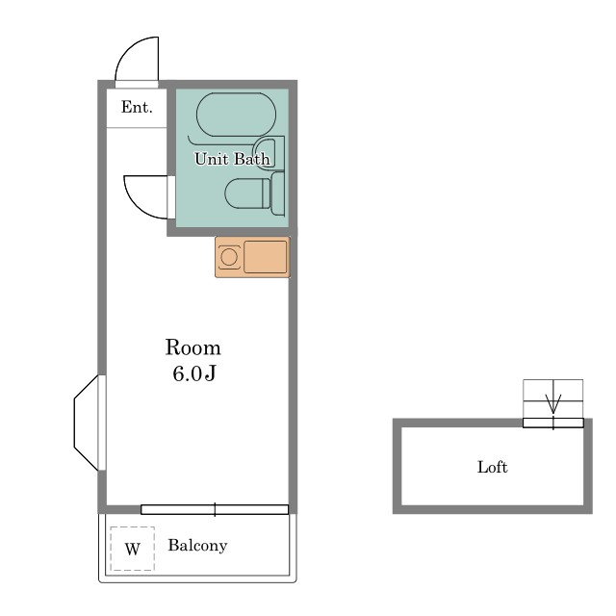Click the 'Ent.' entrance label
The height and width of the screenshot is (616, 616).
(137, 107)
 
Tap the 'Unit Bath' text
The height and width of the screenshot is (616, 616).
(233, 159)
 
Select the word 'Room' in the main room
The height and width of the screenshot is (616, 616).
(192, 347)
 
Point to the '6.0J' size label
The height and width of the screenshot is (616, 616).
(194, 373)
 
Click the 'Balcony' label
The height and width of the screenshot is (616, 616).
(197, 546)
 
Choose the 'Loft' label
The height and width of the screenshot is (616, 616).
(492, 467)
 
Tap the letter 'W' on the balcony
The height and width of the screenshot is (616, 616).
(133, 549)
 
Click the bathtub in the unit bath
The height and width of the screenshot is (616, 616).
(236, 115)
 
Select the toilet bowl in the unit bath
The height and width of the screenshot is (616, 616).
(247, 193)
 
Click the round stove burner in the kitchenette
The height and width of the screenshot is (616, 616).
(229, 257)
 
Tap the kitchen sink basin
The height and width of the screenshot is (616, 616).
(266, 257)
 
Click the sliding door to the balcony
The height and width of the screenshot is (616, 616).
(215, 509)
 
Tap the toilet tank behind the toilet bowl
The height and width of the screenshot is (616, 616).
(278, 193)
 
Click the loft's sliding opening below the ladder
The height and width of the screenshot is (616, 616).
(553, 423)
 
